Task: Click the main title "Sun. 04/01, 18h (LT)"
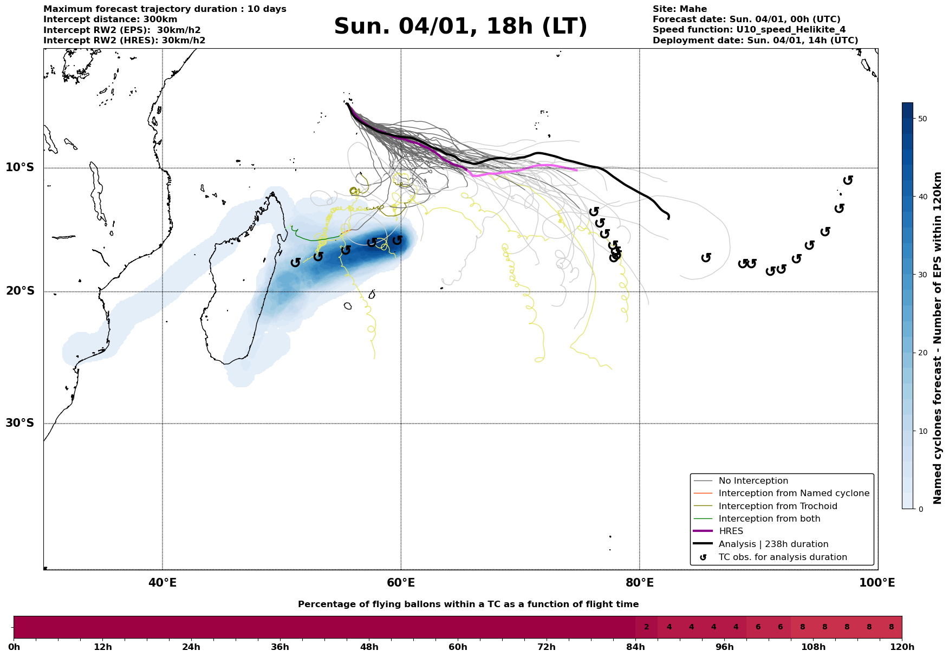click(x=460, y=27)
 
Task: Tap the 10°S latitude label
click(x=20, y=167)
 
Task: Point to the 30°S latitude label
click(x=20, y=423)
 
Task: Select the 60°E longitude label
click(x=401, y=583)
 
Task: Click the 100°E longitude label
click(x=877, y=583)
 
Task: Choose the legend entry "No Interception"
click(x=753, y=481)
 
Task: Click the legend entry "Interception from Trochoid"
click(x=777, y=506)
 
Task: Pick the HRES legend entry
click(x=731, y=531)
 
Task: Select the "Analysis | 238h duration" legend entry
click(x=773, y=544)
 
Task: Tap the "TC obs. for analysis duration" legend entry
click(x=782, y=557)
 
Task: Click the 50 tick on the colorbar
click(x=924, y=119)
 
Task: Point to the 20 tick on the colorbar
click(x=924, y=353)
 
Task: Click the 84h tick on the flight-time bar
click(x=635, y=647)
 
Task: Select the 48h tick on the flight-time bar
click(x=369, y=647)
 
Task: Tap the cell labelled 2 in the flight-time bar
click(x=646, y=627)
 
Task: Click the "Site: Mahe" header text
click(x=679, y=9)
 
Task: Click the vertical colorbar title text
click(x=938, y=338)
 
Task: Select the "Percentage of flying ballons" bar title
click(x=468, y=604)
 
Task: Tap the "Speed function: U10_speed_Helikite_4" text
click(x=749, y=30)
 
